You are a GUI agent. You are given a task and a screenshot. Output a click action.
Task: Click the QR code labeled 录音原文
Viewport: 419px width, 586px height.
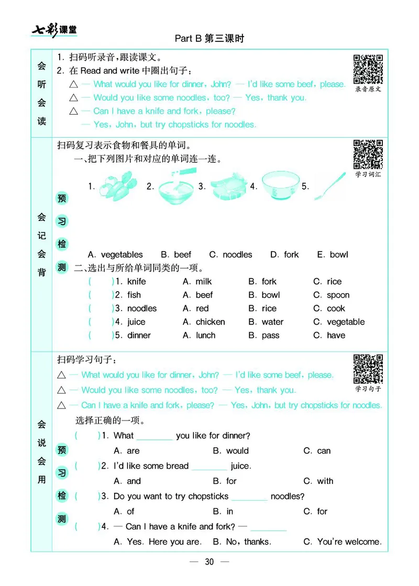[x=368, y=69]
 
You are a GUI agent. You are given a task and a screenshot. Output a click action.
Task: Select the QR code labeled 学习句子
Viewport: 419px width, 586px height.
[x=368, y=369]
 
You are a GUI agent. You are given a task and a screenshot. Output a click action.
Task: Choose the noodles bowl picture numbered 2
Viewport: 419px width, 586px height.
[x=176, y=186]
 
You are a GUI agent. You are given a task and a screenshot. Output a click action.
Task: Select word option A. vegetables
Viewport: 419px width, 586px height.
[x=115, y=255]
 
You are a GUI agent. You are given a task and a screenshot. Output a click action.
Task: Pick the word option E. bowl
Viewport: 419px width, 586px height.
[x=332, y=255]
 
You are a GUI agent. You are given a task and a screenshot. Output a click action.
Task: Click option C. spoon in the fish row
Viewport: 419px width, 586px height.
[x=331, y=295]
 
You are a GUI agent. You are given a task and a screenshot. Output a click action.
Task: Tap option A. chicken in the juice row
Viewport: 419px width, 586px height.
[x=204, y=322]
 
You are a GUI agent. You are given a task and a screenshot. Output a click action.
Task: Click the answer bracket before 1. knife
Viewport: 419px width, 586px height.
[x=101, y=282]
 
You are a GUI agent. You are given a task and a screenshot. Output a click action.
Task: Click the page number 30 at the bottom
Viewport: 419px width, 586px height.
[x=210, y=562]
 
